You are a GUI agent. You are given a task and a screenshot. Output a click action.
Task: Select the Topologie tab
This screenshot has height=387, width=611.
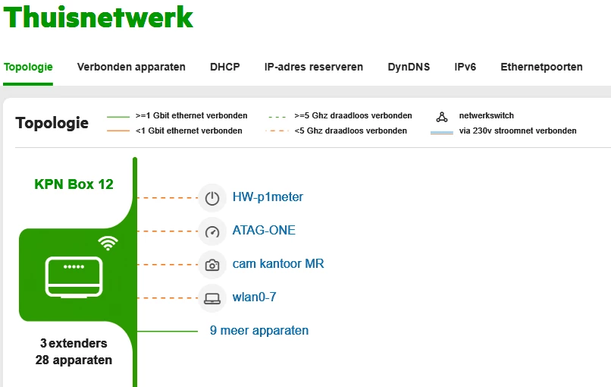pyautogui.click(x=28, y=67)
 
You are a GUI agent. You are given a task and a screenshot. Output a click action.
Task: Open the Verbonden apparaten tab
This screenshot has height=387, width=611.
pyautogui.click(x=131, y=67)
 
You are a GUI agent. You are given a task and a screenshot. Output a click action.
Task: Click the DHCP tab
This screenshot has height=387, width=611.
pyautogui.click(x=224, y=67)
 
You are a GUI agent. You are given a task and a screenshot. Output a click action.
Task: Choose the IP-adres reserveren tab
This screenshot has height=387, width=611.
pyautogui.click(x=313, y=67)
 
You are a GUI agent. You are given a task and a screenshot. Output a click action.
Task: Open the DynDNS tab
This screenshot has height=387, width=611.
pyautogui.click(x=409, y=67)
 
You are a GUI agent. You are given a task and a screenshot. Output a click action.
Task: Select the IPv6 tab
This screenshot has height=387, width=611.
pyautogui.click(x=465, y=67)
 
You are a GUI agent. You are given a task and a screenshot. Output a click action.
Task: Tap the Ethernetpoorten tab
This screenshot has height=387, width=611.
pyautogui.click(x=541, y=67)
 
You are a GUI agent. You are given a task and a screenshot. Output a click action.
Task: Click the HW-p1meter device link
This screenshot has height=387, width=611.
pyautogui.click(x=268, y=197)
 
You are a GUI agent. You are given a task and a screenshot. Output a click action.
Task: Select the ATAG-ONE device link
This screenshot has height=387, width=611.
pyautogui.click(x=264, y=231)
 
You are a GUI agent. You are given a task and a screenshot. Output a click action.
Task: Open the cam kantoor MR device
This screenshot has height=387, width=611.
pyautogui.click(x=278, y=264)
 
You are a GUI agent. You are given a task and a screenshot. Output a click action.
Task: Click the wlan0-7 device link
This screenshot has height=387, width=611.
pyautogui.click(x=254, y=297)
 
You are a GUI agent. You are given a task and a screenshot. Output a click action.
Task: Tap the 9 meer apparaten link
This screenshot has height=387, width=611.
pyautogui.click(x=259, y=331)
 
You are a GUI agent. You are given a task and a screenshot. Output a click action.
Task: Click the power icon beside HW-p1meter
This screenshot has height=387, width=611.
pyautogui.click(x=212, y=198)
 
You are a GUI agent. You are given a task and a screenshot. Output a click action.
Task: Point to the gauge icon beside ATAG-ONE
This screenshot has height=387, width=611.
pyautogui.click(x=212, y=231)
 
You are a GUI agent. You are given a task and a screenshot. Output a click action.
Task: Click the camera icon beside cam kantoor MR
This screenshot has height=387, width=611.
pyautogui.click(x=212, y=265)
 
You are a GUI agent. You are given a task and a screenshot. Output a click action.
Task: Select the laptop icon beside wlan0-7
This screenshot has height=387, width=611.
pyautogui.click(x=212, y=298)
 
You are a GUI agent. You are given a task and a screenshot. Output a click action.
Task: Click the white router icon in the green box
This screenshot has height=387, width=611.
pyautogui.click(x=74, y=277)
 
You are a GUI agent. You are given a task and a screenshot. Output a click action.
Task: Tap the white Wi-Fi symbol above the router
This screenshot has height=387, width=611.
pyautogui.click(x=108, y=243)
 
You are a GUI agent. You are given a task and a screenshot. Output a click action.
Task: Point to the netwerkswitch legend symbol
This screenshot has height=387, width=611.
pyautogui.click(x=442, y=117)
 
